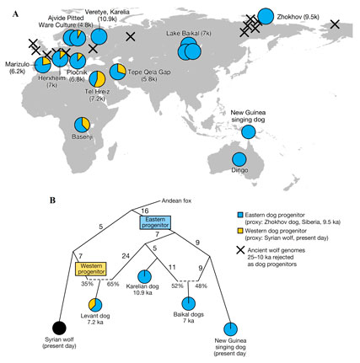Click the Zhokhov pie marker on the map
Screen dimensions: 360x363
266,16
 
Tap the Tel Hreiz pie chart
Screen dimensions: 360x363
97,79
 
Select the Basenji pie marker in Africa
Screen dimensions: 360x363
82,125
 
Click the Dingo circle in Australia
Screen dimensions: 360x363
239,159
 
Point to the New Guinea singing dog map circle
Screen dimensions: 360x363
249,131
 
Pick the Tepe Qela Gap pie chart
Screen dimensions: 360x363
118,72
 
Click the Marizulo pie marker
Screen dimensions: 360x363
43,65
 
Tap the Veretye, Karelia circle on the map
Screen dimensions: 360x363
99,37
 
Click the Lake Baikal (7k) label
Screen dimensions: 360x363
189,34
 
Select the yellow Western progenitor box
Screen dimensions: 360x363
91,269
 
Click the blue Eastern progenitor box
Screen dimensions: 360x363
155,222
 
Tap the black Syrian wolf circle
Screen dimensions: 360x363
59,328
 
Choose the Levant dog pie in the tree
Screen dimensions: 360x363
95,305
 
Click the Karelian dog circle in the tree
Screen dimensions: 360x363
144,276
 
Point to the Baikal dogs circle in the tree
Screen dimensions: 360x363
188,304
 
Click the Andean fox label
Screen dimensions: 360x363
176,200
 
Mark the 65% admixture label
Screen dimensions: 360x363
113,284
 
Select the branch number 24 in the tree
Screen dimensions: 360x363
126,256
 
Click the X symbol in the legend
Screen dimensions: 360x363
240,250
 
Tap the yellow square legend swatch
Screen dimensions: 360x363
239,231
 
